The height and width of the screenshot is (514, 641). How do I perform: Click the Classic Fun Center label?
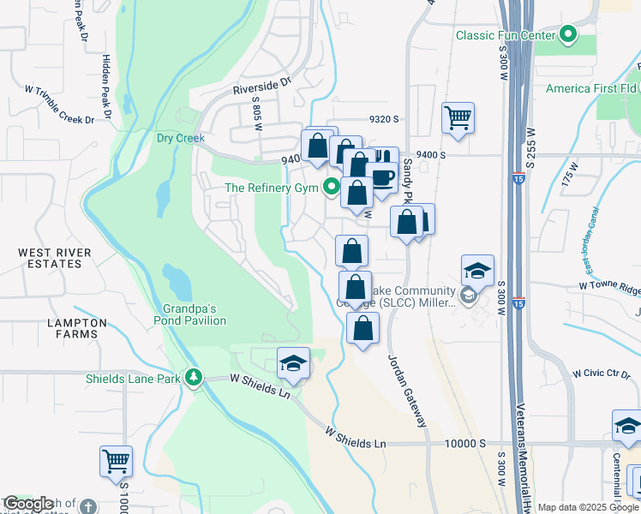pyautogui.click(x=505, y=35)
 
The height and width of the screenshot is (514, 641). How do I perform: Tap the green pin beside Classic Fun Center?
pyautogui.click(x=567, y=35)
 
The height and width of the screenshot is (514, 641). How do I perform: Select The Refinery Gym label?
pyautogui.click(x=272, y=188)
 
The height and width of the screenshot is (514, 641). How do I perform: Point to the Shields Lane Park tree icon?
pyautogui.click(x=195, y=378)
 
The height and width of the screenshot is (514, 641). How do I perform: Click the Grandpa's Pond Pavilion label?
pyautogui.click(x=194, y=314)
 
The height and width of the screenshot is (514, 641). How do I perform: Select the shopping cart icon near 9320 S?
pyautogui.click(x=458, y=117)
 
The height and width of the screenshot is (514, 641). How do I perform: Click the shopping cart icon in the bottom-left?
pyautogui.click(x=116, y=461)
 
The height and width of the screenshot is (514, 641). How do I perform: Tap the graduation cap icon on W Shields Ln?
pyautogui.click(x=293, y=362)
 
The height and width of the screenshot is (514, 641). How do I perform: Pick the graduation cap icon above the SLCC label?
pyautogui.click(x=477, y=271)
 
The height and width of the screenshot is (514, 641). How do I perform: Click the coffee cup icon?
pyautogui.click(x=382, y=177)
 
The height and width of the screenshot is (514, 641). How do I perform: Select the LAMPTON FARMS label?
pyautogui.click(x=72, y=329)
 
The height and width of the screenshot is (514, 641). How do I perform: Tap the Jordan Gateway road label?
pyautogui.click(x=407, y=390)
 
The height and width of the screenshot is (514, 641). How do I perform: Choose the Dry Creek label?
pyautogui.click(x=177, y=138)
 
